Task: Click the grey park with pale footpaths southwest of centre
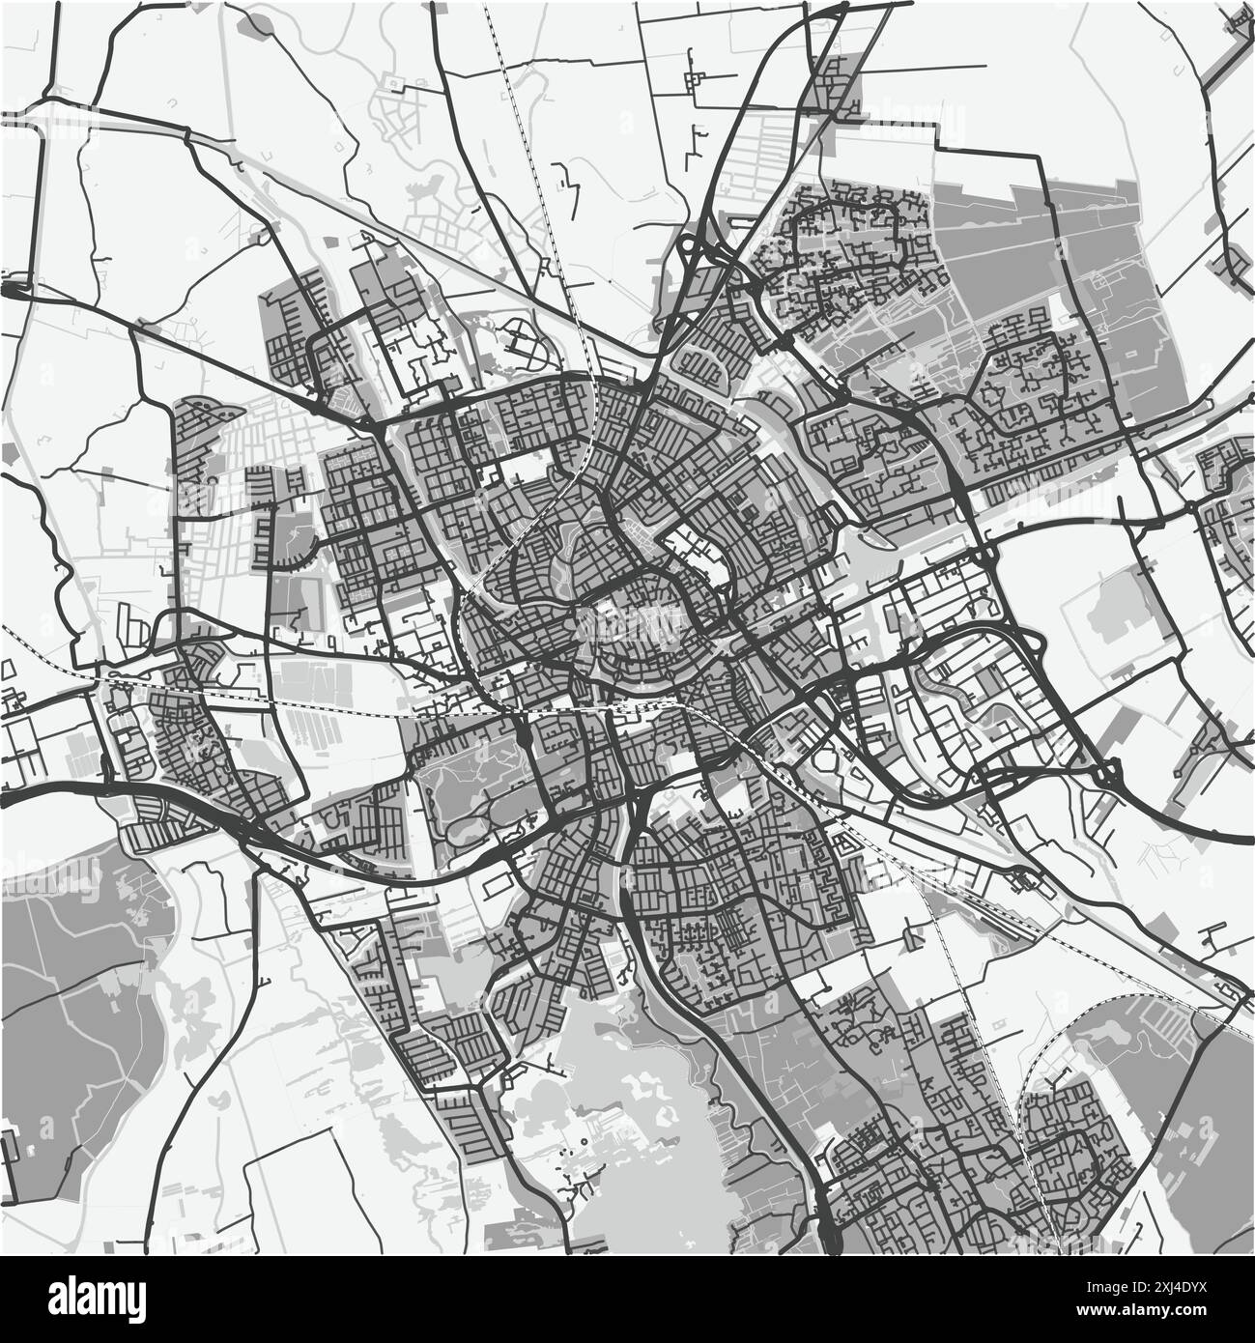(x=464, y=783)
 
